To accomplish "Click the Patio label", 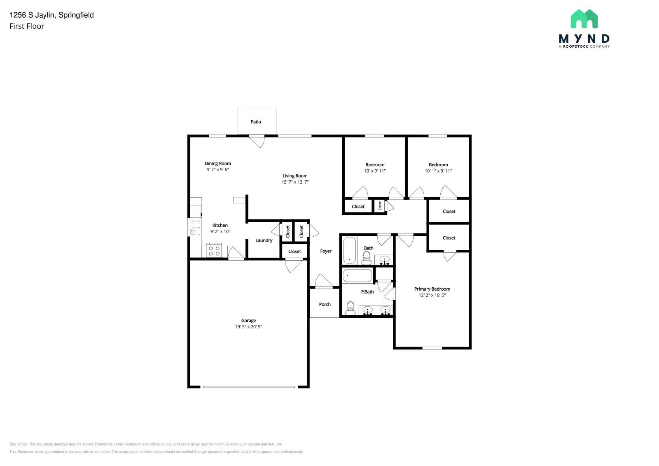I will (x=256, y=122).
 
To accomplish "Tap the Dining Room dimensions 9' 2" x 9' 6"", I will (x=217, y=170).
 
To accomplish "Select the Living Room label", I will (x=295, y=176).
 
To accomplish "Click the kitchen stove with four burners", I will (x=214, y=251).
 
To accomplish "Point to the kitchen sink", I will (x=195, y=228).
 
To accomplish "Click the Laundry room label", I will (x=264, y=240).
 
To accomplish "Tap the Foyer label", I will (x=326, y=251).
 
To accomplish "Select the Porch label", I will (x=325, y=305).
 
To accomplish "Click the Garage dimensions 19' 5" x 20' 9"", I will (x=248, y=327).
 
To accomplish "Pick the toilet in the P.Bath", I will (x=351, y=308).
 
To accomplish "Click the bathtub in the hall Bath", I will (x=349, y=250).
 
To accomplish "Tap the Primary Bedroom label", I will (x=432, y=289).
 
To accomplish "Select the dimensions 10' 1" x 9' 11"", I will (x=438, y=171).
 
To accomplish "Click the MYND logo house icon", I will (x=584, y=19).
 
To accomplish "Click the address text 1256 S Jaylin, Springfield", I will (x=51, y=15).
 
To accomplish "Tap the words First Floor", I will (x=27, y=26).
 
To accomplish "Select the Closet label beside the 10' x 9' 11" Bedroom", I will (x=358, y=207).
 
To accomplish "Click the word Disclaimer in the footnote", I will (x=18, y=444).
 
